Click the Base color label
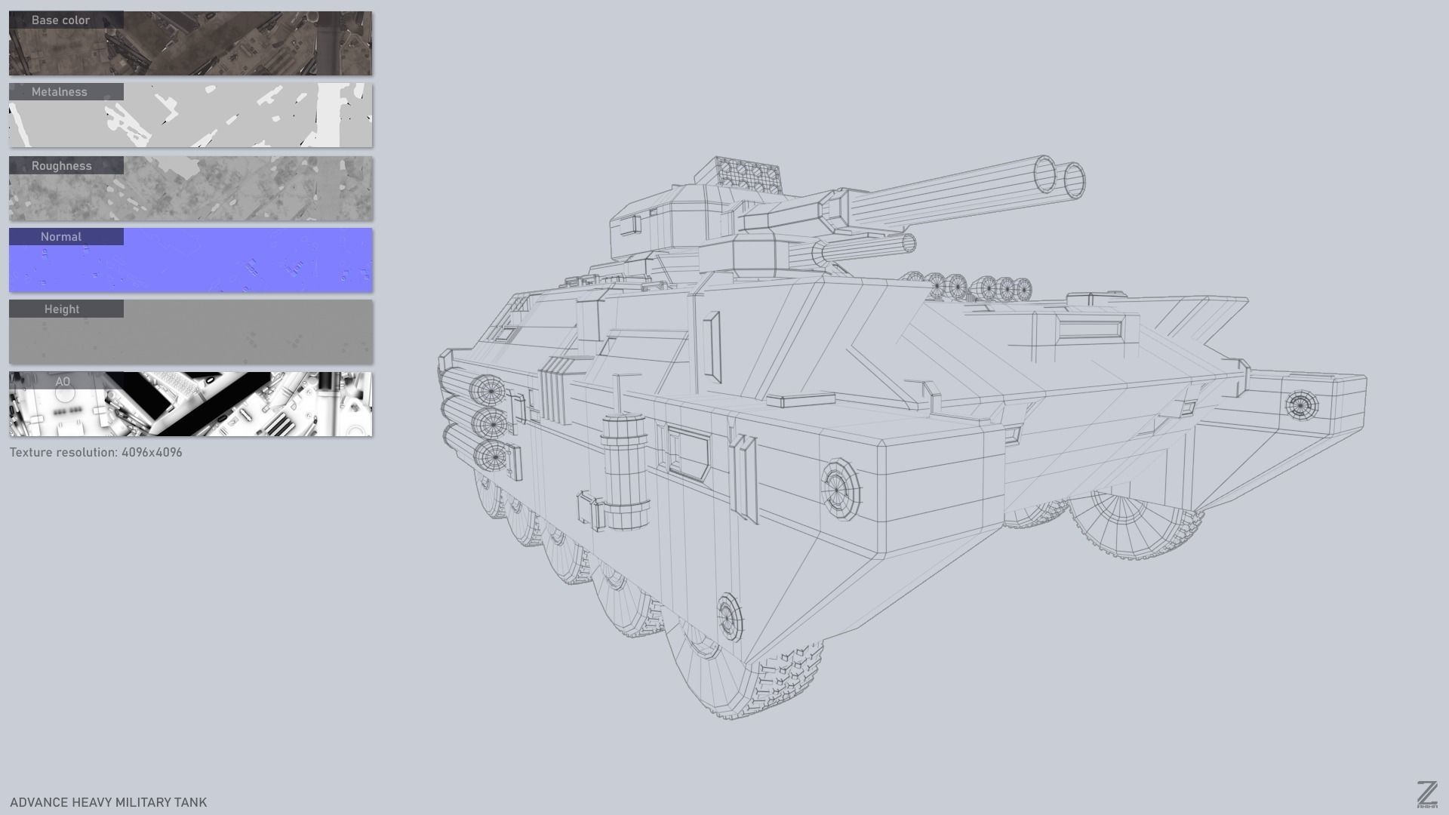point(60,20)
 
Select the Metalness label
point(60,92)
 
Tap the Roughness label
point(61,166)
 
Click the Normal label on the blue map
point(61,237)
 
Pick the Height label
point(62,309)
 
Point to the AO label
point(63,382)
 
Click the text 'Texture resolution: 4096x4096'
point(96,453)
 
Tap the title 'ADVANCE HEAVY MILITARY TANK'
point(108,802)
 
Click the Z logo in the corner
point(1426,795)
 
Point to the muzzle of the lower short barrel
point(909,244)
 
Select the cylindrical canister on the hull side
point(625,472)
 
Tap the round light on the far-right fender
point(1301,406)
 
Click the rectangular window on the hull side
point(688,452)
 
